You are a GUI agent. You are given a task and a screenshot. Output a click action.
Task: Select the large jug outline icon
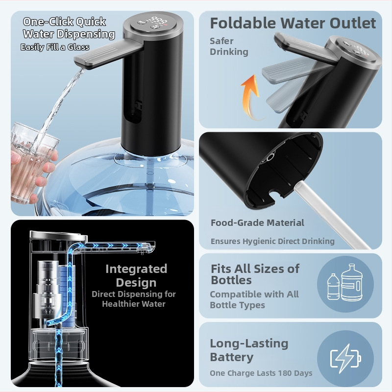pos(352,283)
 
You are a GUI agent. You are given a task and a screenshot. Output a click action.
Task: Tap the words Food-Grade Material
pos(257,222)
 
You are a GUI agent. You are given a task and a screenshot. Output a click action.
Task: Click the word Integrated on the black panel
pos(136,269)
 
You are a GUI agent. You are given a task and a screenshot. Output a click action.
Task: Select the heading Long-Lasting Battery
pos(249,350)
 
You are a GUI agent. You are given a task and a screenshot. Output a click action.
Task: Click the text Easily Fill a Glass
pos(55,47)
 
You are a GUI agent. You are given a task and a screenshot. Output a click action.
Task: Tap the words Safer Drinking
pos(229,46)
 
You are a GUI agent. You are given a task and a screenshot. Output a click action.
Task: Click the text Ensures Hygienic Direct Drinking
pos(272,241)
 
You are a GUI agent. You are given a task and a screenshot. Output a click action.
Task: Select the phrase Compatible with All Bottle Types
pos(254,299)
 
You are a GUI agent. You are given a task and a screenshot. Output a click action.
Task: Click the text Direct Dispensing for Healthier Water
pos(134,299)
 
